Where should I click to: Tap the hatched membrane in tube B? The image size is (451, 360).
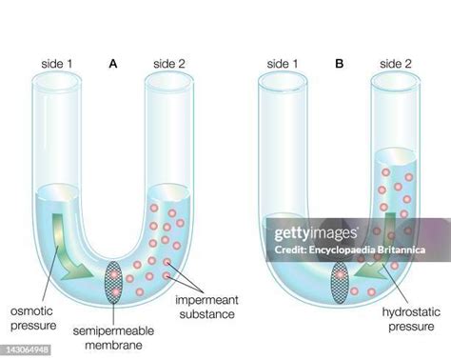pyautogui.click(x=341, y=283)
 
